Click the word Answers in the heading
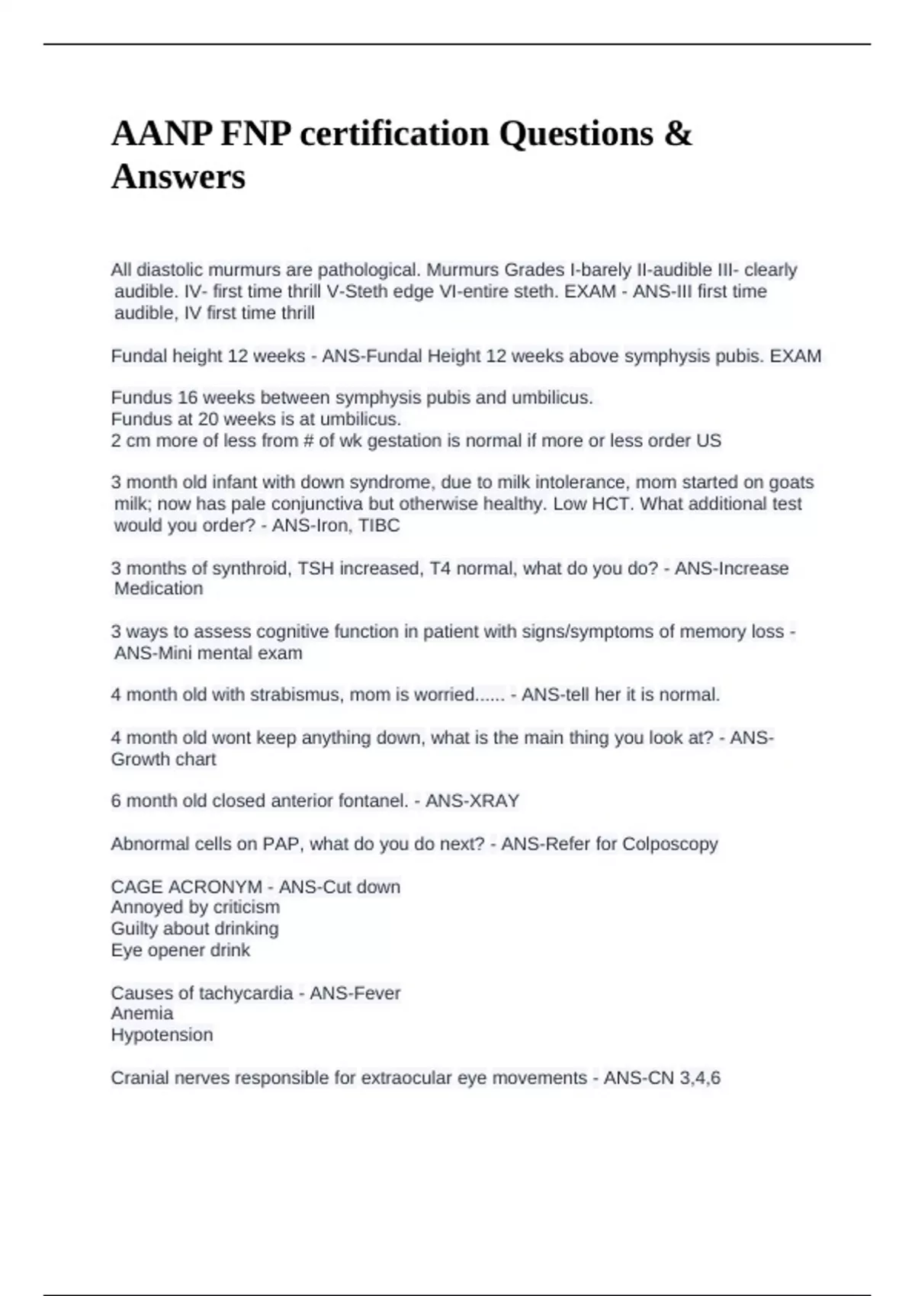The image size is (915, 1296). [178, 177]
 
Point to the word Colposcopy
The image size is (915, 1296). [670, 844]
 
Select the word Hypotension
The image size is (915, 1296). [162, 1035]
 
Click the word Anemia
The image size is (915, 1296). [142, 1013]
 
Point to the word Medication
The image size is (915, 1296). [159, 589]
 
